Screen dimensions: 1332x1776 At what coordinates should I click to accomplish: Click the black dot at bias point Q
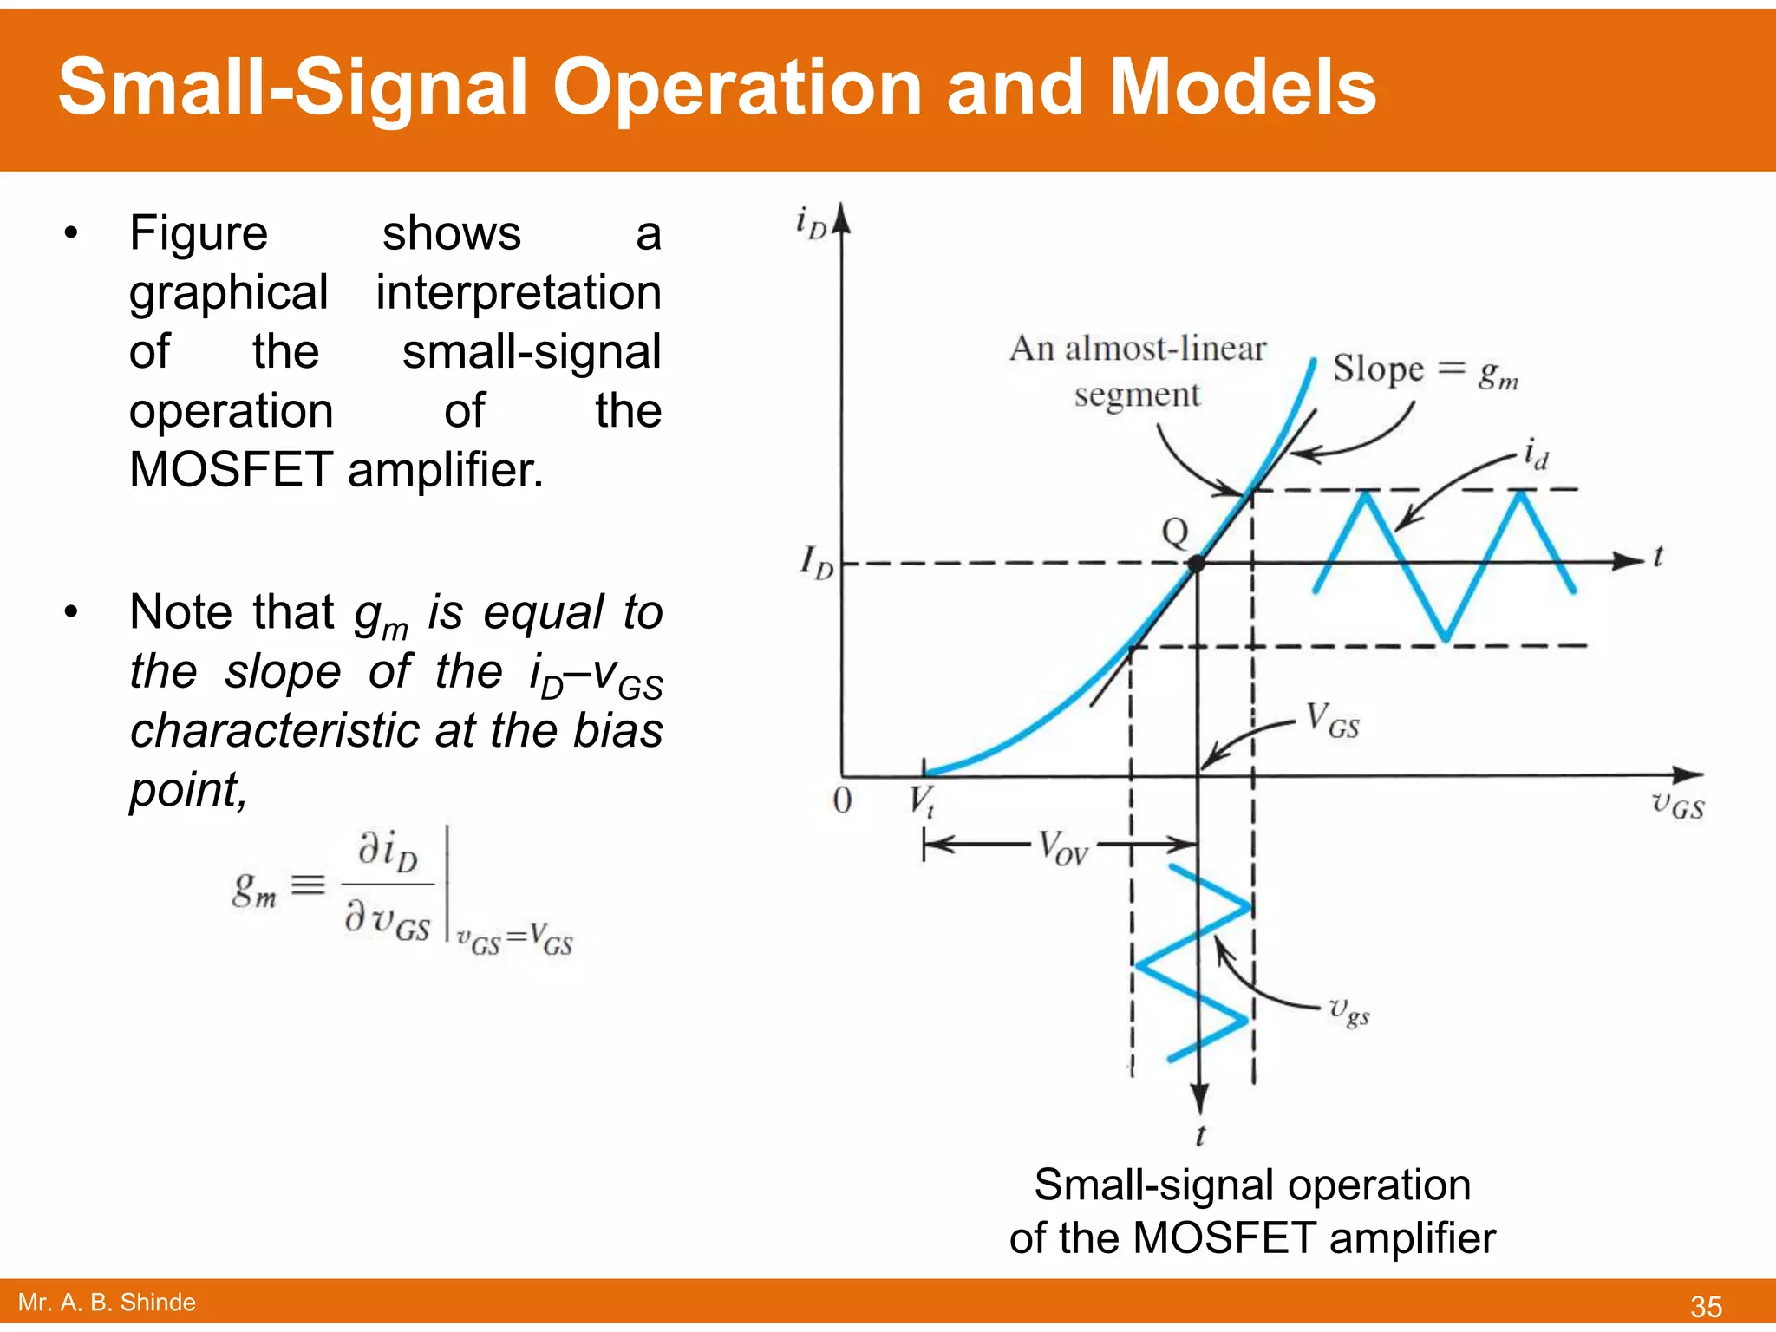[x=1197, y=564]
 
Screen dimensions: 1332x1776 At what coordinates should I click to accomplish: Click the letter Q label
[x=1175, y=532]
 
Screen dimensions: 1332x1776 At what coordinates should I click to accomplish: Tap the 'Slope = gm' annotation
[x=1425, y=371]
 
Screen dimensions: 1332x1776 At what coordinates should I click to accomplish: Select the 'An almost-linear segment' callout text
[x=1138, y=371]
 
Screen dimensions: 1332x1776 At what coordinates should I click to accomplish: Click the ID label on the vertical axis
[x=816, y=562]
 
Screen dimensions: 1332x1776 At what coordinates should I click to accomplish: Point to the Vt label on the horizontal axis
[x=922, y=800]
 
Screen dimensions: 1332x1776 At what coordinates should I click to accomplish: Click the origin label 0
[x=842, y=800]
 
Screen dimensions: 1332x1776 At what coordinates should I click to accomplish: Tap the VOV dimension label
[x=1063, y=846]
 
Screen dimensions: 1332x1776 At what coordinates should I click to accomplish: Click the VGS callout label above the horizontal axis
[x=1333, y=721]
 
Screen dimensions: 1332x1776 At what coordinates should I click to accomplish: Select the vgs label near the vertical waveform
[x=1349, y=1010]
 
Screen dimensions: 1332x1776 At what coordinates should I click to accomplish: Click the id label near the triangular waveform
[x=1536, y=454]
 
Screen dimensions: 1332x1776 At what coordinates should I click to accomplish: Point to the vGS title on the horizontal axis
[x=1677, y=805]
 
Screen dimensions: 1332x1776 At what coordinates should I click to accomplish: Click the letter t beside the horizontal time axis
[x=1658, y=556]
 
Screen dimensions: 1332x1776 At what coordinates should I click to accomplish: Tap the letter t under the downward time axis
[x=1200, y=1135]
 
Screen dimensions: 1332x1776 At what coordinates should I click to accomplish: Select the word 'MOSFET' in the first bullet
[x=231, y=470]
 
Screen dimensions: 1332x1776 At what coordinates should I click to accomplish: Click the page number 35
[x=1706, y=1306]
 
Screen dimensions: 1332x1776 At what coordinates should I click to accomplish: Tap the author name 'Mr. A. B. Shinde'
[x=107, y=1303]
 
